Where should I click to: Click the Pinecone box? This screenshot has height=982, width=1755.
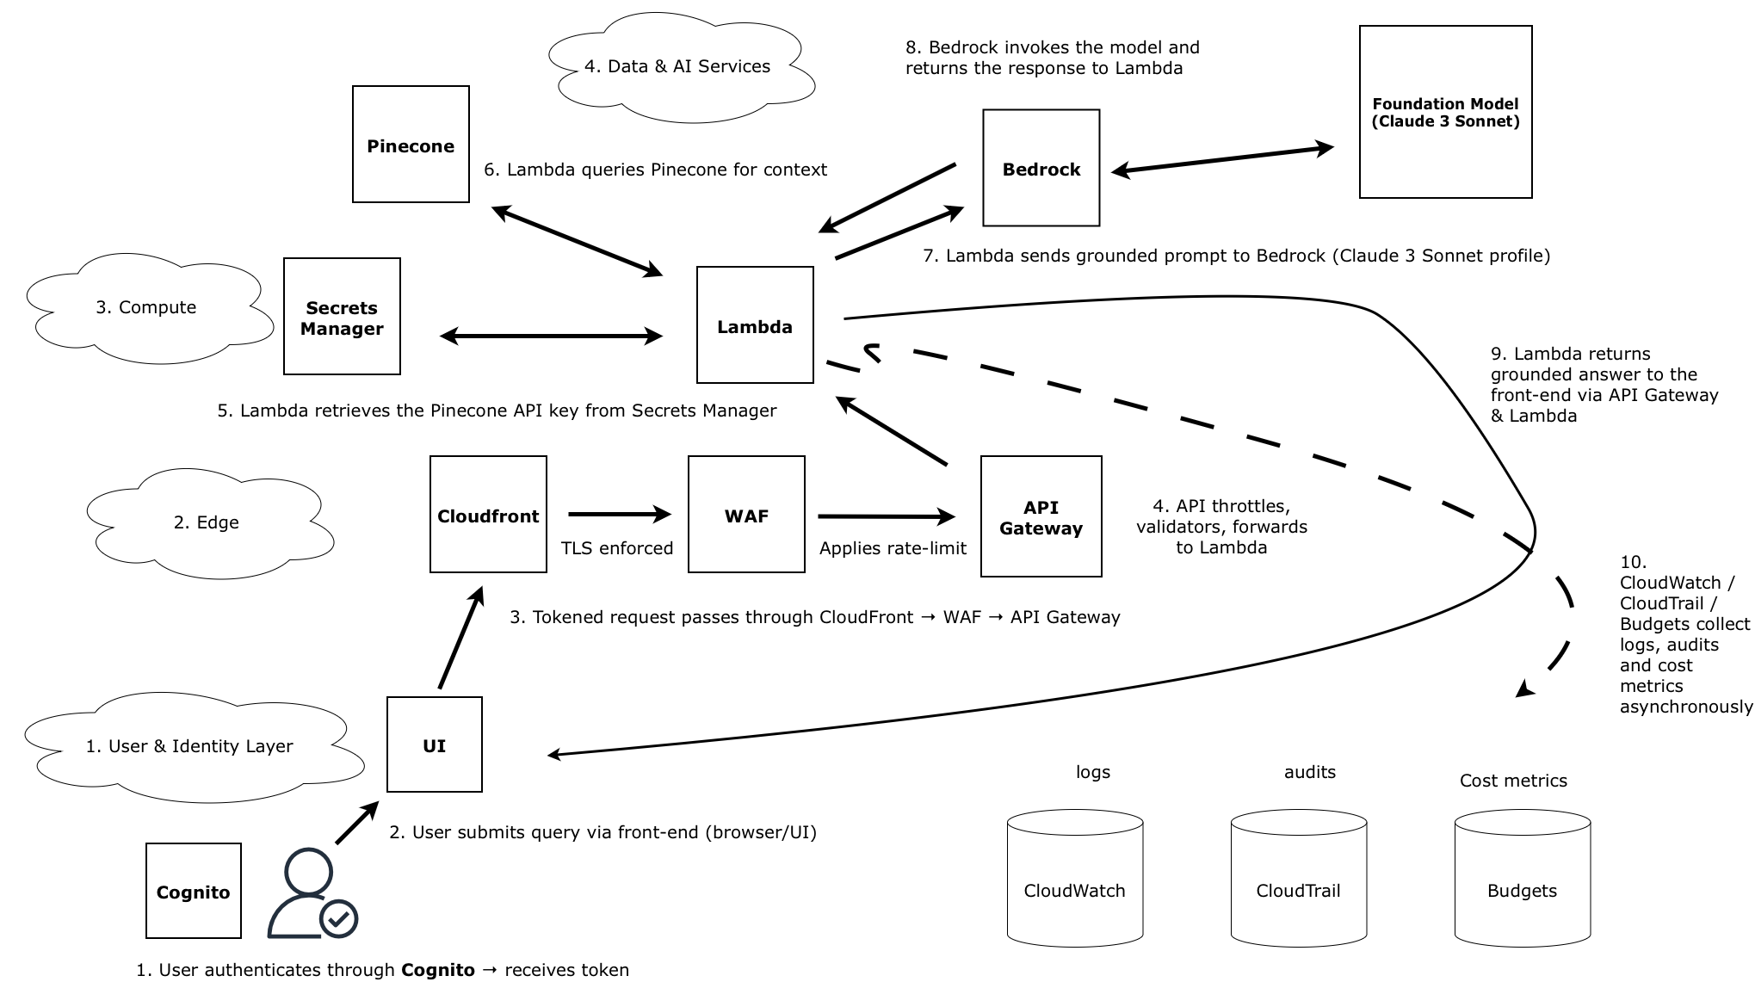411,144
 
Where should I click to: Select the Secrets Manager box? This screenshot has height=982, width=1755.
342,316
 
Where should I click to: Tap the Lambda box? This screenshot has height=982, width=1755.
755,324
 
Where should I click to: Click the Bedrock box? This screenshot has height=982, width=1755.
1041,168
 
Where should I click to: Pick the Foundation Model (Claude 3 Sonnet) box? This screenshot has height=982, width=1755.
1445,112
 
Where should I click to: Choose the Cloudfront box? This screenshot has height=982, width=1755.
488,514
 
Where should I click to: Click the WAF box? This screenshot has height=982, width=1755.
746,514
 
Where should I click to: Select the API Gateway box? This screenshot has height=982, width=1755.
1041,516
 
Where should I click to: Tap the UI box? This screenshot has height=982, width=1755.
434,744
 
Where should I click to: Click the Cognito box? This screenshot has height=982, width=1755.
193,891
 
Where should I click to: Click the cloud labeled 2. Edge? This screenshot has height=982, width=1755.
207,522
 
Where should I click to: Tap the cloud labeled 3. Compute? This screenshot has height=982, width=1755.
146,307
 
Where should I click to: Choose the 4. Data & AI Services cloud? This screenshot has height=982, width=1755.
677,67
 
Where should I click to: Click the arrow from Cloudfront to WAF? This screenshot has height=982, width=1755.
619,515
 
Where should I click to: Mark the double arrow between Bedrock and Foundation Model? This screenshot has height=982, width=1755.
1222,159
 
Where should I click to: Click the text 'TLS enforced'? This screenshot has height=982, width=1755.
616,548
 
